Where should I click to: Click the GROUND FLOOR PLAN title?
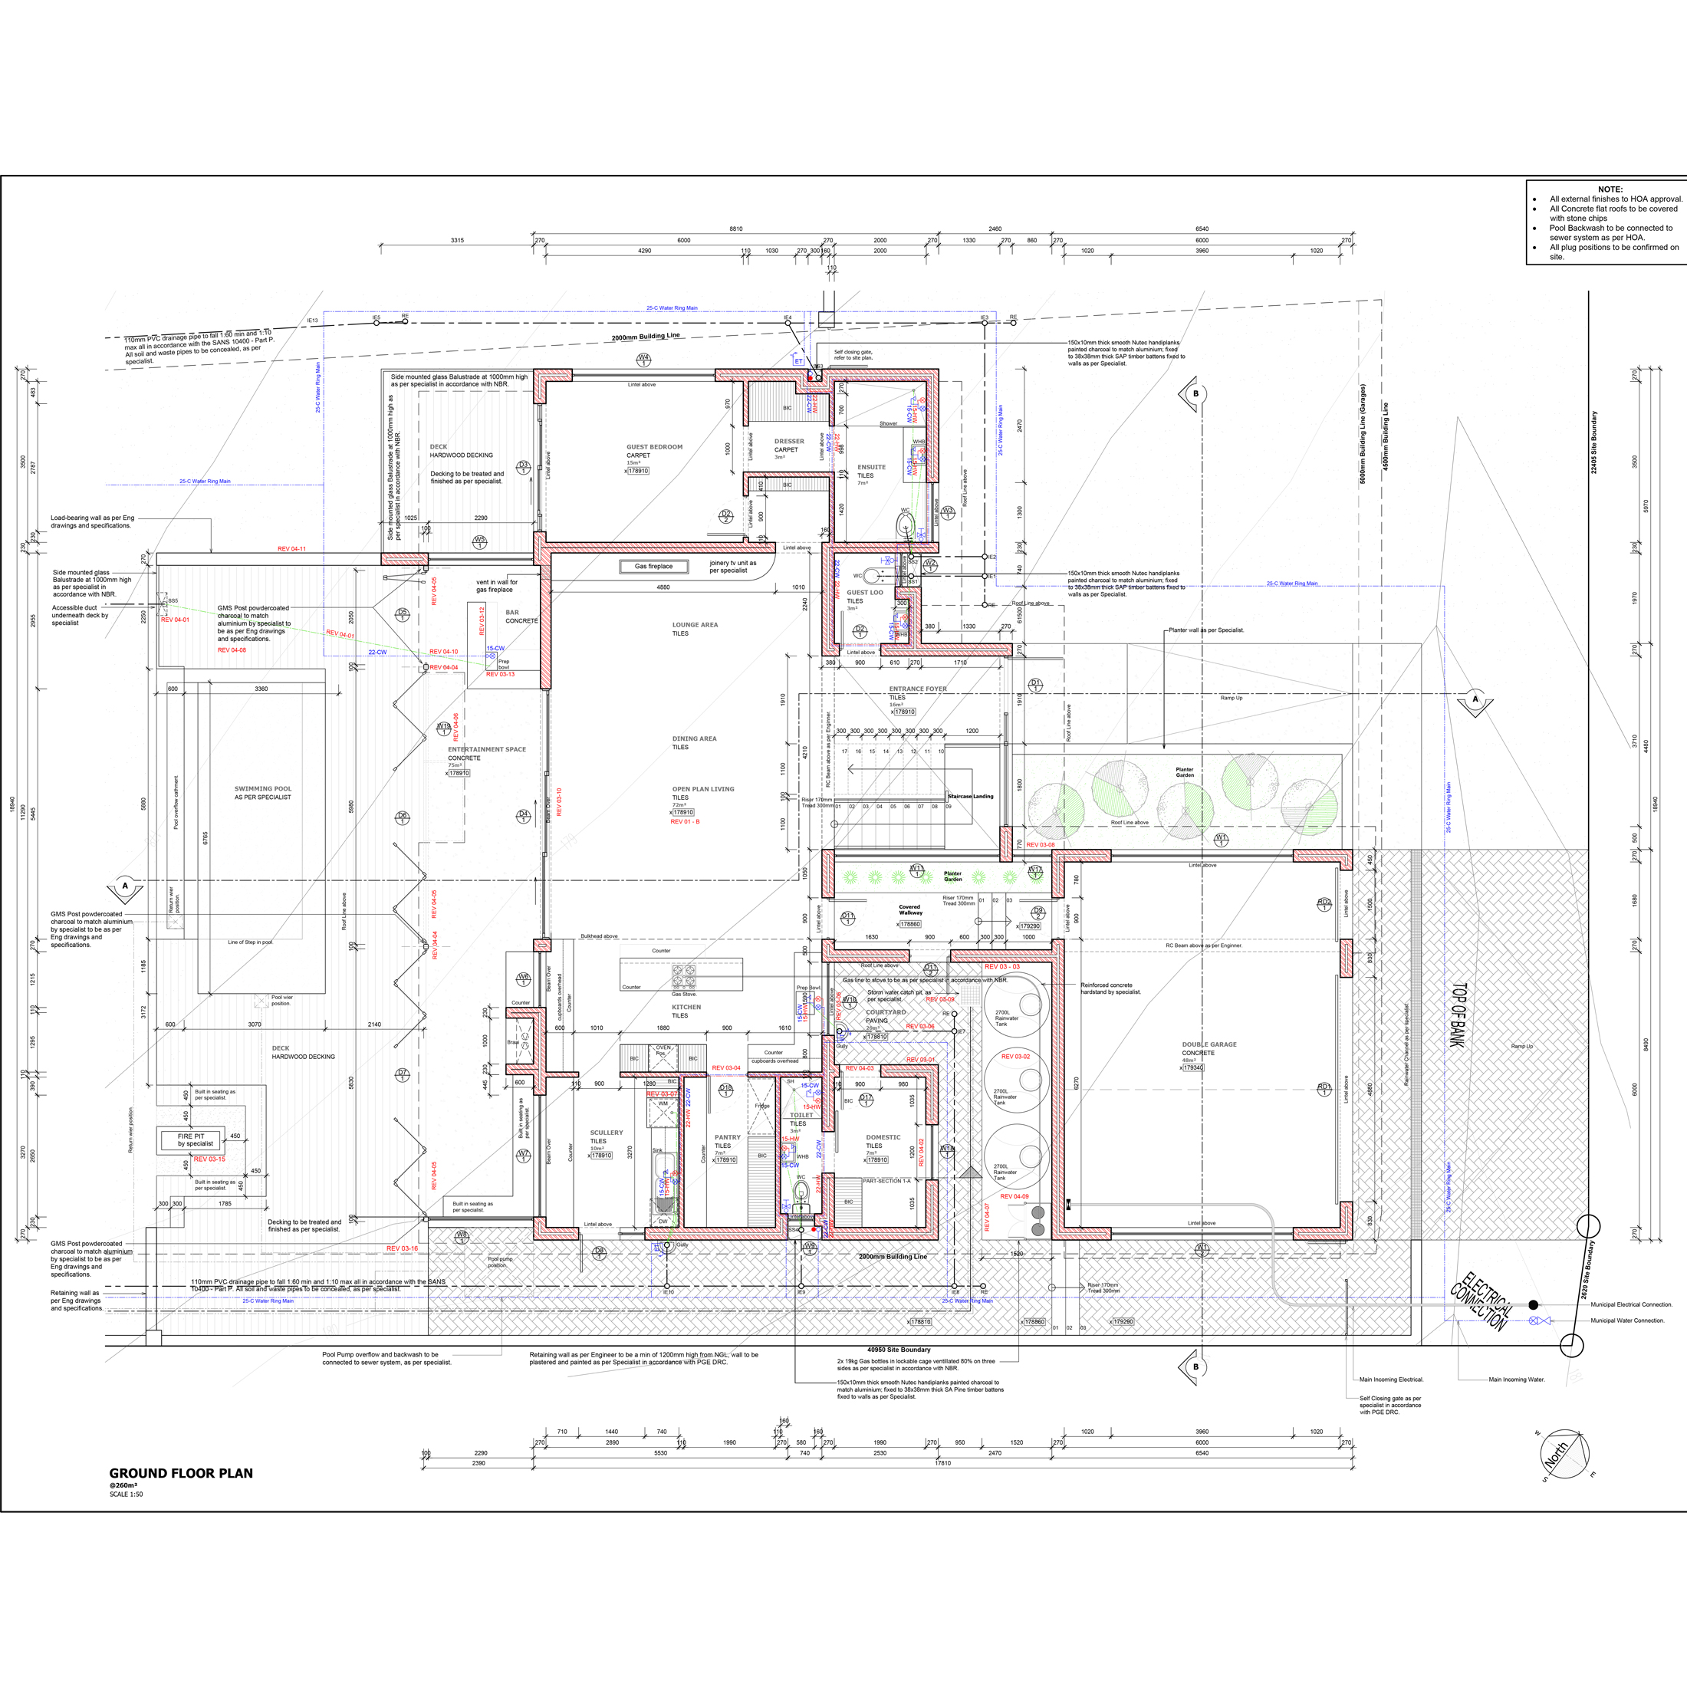coord(181,1473)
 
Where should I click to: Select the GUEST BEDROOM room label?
coord(654,447)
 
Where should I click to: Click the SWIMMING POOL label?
coord(263,788)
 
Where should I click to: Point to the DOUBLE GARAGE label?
coord(1209,1044)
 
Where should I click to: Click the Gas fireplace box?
coord(653,567)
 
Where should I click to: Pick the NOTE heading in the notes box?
coord(1610,189)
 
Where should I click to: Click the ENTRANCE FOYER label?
coord(918,689)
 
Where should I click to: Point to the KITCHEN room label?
coord(686,1007)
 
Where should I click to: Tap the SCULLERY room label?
coord(606,1133)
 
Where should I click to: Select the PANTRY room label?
coord(728,1137)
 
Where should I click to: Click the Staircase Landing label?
coord(970,797)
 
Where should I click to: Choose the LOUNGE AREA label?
coord(695,625)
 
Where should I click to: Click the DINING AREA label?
coord(694,738)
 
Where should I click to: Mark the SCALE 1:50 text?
coord(127,1494)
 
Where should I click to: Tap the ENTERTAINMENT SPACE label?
coord(486,749)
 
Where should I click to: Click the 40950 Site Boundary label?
coord(899,1349)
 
